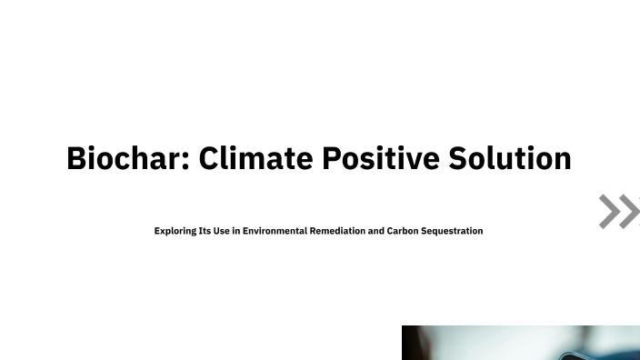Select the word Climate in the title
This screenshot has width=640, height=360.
255,159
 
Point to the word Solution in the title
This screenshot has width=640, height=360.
510,159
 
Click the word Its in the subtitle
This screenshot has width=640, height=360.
205,231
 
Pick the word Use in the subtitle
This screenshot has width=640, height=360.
221,231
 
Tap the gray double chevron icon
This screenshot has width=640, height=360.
619,211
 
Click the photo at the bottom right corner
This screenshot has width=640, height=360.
520,343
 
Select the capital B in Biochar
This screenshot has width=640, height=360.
77,159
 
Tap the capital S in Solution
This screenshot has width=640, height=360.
458,159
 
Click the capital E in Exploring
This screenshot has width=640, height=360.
157,231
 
